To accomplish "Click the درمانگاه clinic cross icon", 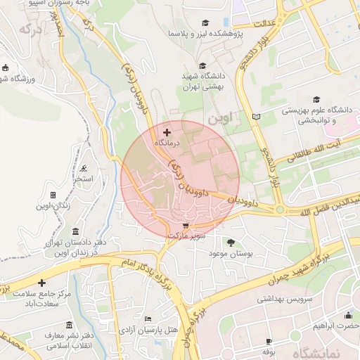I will pos(167,132).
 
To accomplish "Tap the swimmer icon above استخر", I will pos(84,169).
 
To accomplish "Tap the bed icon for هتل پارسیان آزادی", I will pos(147,319).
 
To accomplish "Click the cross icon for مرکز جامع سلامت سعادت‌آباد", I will pos(41,282).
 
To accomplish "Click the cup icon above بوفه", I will pos(267,341).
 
